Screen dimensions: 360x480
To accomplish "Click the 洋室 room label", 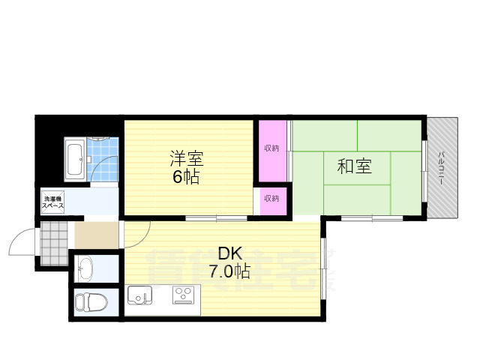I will point(187,159).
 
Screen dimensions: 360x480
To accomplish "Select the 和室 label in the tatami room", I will point(354,166).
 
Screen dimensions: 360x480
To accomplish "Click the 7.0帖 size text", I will point(230,271).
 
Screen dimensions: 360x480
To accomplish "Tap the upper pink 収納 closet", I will point(271,148).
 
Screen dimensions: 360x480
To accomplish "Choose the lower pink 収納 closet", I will point(271,199).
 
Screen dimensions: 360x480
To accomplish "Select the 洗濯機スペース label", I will point(52,201).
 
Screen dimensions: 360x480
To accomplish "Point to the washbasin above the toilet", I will point(85,268).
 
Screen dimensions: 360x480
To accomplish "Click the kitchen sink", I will point(139,295).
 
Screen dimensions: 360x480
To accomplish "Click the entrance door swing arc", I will point(19,241).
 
